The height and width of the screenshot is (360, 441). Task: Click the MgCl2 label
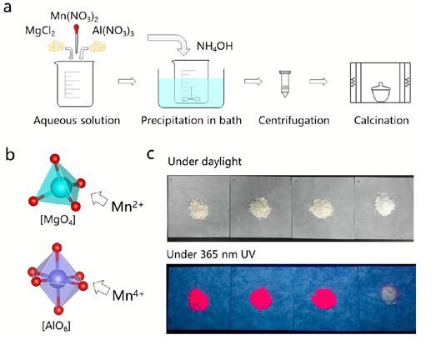[40, 31]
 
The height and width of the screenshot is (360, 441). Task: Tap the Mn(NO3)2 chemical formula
[74, 17]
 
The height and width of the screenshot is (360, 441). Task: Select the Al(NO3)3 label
[113, 31]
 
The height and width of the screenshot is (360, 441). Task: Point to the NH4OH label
[214, 47]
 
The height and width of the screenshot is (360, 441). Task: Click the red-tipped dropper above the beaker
[76, 38]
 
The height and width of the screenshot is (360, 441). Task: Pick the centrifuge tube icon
[284, 84]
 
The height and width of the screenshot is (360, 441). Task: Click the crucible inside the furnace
[381, 92]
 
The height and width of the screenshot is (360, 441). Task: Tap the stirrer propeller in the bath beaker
[191, 98]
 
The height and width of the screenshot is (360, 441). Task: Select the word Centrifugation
[294, 120]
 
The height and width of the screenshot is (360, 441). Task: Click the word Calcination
[381, 120]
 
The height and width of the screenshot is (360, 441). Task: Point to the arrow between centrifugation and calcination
[318, 82]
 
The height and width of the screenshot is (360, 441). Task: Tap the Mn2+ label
[127, 207]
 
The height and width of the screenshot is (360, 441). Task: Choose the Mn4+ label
[128, 295]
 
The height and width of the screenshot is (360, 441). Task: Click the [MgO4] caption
[58, 220]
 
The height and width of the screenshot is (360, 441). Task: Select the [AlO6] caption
[56, 326]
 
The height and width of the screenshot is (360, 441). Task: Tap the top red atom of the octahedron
[57, 247]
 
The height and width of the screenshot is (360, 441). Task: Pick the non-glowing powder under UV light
[389, 295]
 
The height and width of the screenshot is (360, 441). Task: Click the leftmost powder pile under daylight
[198, 209]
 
